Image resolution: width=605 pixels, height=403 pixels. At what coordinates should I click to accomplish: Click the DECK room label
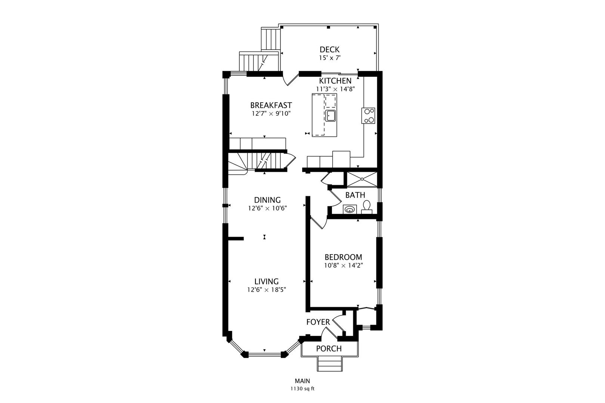pyautogui.click(x=329, y=49)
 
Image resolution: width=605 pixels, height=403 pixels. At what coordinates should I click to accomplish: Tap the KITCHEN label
pyautogui.click(x=335, y=81)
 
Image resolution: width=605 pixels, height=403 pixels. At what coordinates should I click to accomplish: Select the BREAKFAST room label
pyautogui.click(x=271, y=105)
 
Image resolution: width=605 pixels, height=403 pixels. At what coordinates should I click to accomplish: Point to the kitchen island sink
pyautogui.click(x=330, y=116)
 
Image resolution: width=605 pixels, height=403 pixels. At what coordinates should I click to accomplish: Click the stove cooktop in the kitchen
pyautogui.click(x=368, y=116)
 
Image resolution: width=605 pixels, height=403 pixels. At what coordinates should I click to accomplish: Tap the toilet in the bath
pyautogui.click(x=366, y=207)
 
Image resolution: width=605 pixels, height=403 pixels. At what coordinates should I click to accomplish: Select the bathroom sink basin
pyautogui.click(x=350, y=209)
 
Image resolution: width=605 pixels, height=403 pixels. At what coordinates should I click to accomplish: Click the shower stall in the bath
pyautogui.click(x=362, y=179)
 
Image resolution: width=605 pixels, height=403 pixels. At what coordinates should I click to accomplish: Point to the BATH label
pyautogui.click(x=355, y=195)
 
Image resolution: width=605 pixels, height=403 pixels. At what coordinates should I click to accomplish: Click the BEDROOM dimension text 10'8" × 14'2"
pyautogui.click(x=343, y=265)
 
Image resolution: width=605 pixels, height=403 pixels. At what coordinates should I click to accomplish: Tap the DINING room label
pyautogui.click(x=267, y=200)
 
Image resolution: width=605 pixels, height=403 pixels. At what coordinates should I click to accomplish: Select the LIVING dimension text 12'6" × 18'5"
pyautogui.click(x=267, y=290)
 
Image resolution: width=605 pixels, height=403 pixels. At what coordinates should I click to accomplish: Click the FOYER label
pyautogui.click(x=318, y=322)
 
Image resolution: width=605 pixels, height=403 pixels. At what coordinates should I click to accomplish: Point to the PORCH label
pyautogui.click(x=329, y=349)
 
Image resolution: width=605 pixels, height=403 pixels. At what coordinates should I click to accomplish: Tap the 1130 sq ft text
pyautogui.click(x=302, y=389)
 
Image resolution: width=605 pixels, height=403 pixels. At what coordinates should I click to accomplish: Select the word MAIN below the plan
pyautogui.click(x=302, y=381)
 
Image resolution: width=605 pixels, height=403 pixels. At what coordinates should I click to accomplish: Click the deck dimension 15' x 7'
pyautogui.click(x=330, y=58)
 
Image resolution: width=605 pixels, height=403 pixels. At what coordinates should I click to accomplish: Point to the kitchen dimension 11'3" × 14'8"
pyautogui.click(x=335, y=89)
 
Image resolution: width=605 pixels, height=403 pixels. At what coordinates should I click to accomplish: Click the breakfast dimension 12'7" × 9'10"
pyautogui.click(x=271, y=113)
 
